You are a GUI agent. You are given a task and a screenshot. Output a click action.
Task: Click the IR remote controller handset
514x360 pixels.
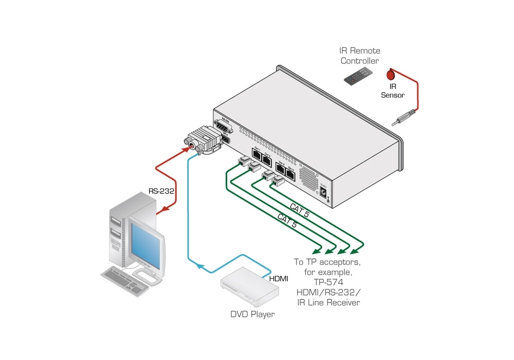(x=358, y=75)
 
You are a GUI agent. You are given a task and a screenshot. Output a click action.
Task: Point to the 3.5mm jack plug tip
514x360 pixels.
(x=395, y=123)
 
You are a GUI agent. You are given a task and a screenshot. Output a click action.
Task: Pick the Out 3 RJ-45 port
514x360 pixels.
(x=280, y=169)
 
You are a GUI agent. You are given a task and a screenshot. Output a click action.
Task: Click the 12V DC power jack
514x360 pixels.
(x=323, y=192)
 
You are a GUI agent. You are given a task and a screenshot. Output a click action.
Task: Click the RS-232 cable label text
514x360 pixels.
(x=161, y=191)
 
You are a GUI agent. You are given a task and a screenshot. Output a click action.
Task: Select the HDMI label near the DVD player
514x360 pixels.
(x=279, y=279)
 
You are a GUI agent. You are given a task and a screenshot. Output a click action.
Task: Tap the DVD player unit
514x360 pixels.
(x=250, y=287)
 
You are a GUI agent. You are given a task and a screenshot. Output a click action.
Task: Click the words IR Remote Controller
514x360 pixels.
(x=359, y=56)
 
